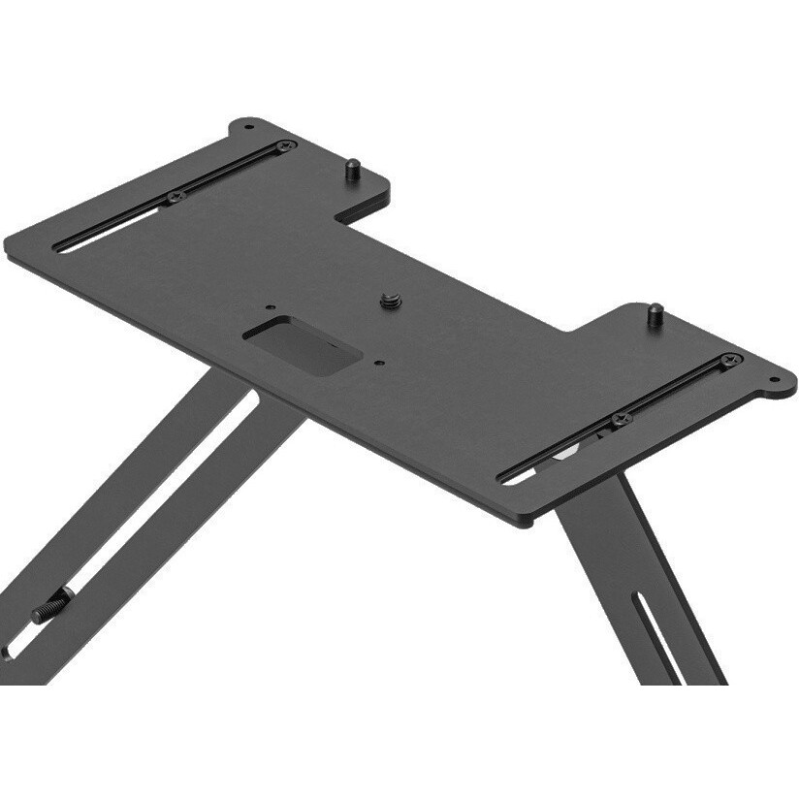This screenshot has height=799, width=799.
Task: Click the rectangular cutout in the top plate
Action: pyautogui.click(x=302, y=344)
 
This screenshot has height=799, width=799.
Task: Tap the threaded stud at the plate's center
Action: pyautogui.click(x=390, y=300)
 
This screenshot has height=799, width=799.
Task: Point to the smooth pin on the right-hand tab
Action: pyautogui.click(x=655, y=314)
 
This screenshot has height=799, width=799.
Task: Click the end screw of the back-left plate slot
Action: pyautogui.click(x=284, y=146)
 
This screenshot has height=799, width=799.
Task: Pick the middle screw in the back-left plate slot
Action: pyautogui.click(x=176, y=197)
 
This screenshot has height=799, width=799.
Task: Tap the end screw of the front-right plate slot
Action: pyautogui.click(x=730, y=360)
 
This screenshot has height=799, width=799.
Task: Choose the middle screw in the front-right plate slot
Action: pyautogui.click(x=621, y=419)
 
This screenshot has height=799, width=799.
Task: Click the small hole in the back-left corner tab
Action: pyautogui.click(x=248, y=126)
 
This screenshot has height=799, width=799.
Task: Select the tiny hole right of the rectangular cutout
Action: pyautogui.click(x=379, y=364)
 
